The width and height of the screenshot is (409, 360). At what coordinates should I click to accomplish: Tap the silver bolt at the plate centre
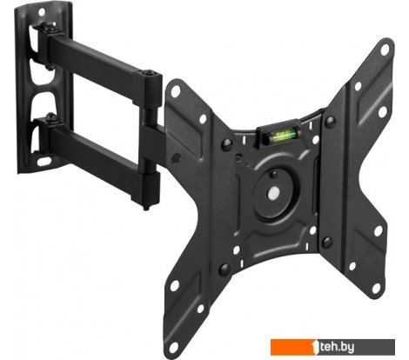(273, 192)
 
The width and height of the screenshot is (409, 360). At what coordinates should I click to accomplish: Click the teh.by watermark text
(338, 347)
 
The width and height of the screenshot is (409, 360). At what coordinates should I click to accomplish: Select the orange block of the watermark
(292, 347)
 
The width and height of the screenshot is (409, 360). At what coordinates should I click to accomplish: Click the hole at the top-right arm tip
(385, 50)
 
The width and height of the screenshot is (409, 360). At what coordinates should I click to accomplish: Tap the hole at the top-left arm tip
(176, 91)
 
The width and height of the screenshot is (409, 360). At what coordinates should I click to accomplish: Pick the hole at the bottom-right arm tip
(376, 287)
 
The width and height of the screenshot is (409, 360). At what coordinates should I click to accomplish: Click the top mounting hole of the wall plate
(42, 12)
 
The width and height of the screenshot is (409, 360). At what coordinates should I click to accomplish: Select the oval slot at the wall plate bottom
(44, 161)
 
